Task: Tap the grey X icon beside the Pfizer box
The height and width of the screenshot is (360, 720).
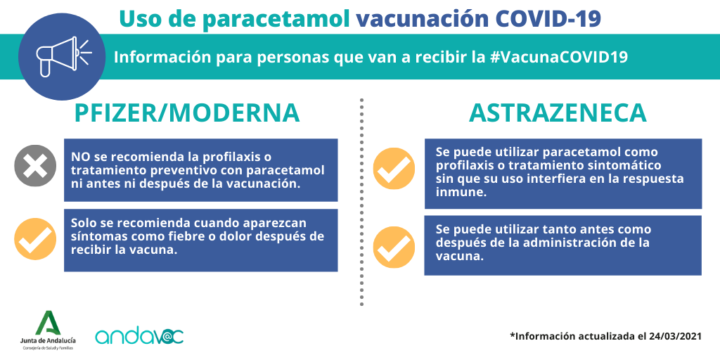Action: (35, 166)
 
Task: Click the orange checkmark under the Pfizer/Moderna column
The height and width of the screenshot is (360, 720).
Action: (35, 239)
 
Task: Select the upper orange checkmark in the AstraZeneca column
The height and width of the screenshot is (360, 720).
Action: (394, 169)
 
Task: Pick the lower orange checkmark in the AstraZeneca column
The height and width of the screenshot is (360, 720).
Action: (394, 247)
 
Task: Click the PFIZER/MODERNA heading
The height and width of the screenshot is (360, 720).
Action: (187, 113)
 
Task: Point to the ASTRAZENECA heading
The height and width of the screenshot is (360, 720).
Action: (558, 113)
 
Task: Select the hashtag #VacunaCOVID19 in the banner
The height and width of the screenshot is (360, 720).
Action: (557, 58)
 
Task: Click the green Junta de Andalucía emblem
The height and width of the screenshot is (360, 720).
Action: (49, 323)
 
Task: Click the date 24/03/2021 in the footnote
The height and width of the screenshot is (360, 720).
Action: (676, 336)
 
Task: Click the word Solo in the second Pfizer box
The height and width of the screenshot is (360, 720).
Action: (85, 223)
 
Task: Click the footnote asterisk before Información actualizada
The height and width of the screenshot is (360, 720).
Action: (513, 335)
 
